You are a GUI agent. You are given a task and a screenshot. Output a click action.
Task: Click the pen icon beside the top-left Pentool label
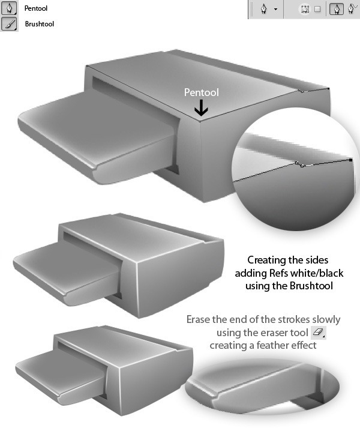pos(9,8)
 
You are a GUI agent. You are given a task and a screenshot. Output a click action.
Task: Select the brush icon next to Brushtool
pos(9,24)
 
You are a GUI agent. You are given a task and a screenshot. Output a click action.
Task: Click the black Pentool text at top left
pos(36,8)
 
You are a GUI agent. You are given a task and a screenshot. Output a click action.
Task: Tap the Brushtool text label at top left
pos(40,24)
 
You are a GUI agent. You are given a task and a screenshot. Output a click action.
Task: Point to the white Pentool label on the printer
pos(202,92)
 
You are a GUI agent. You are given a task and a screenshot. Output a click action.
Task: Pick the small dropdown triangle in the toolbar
pos(275,9)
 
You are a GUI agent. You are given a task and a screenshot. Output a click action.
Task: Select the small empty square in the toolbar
pos(317,9)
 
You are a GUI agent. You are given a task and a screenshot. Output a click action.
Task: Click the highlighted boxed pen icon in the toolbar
pos(337,9)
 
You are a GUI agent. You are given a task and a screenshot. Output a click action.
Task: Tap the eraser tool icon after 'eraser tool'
pos(318,333)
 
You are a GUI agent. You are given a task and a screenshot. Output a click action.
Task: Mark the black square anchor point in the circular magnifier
pos(351,160)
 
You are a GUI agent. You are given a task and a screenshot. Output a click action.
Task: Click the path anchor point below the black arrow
pos(200,121)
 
